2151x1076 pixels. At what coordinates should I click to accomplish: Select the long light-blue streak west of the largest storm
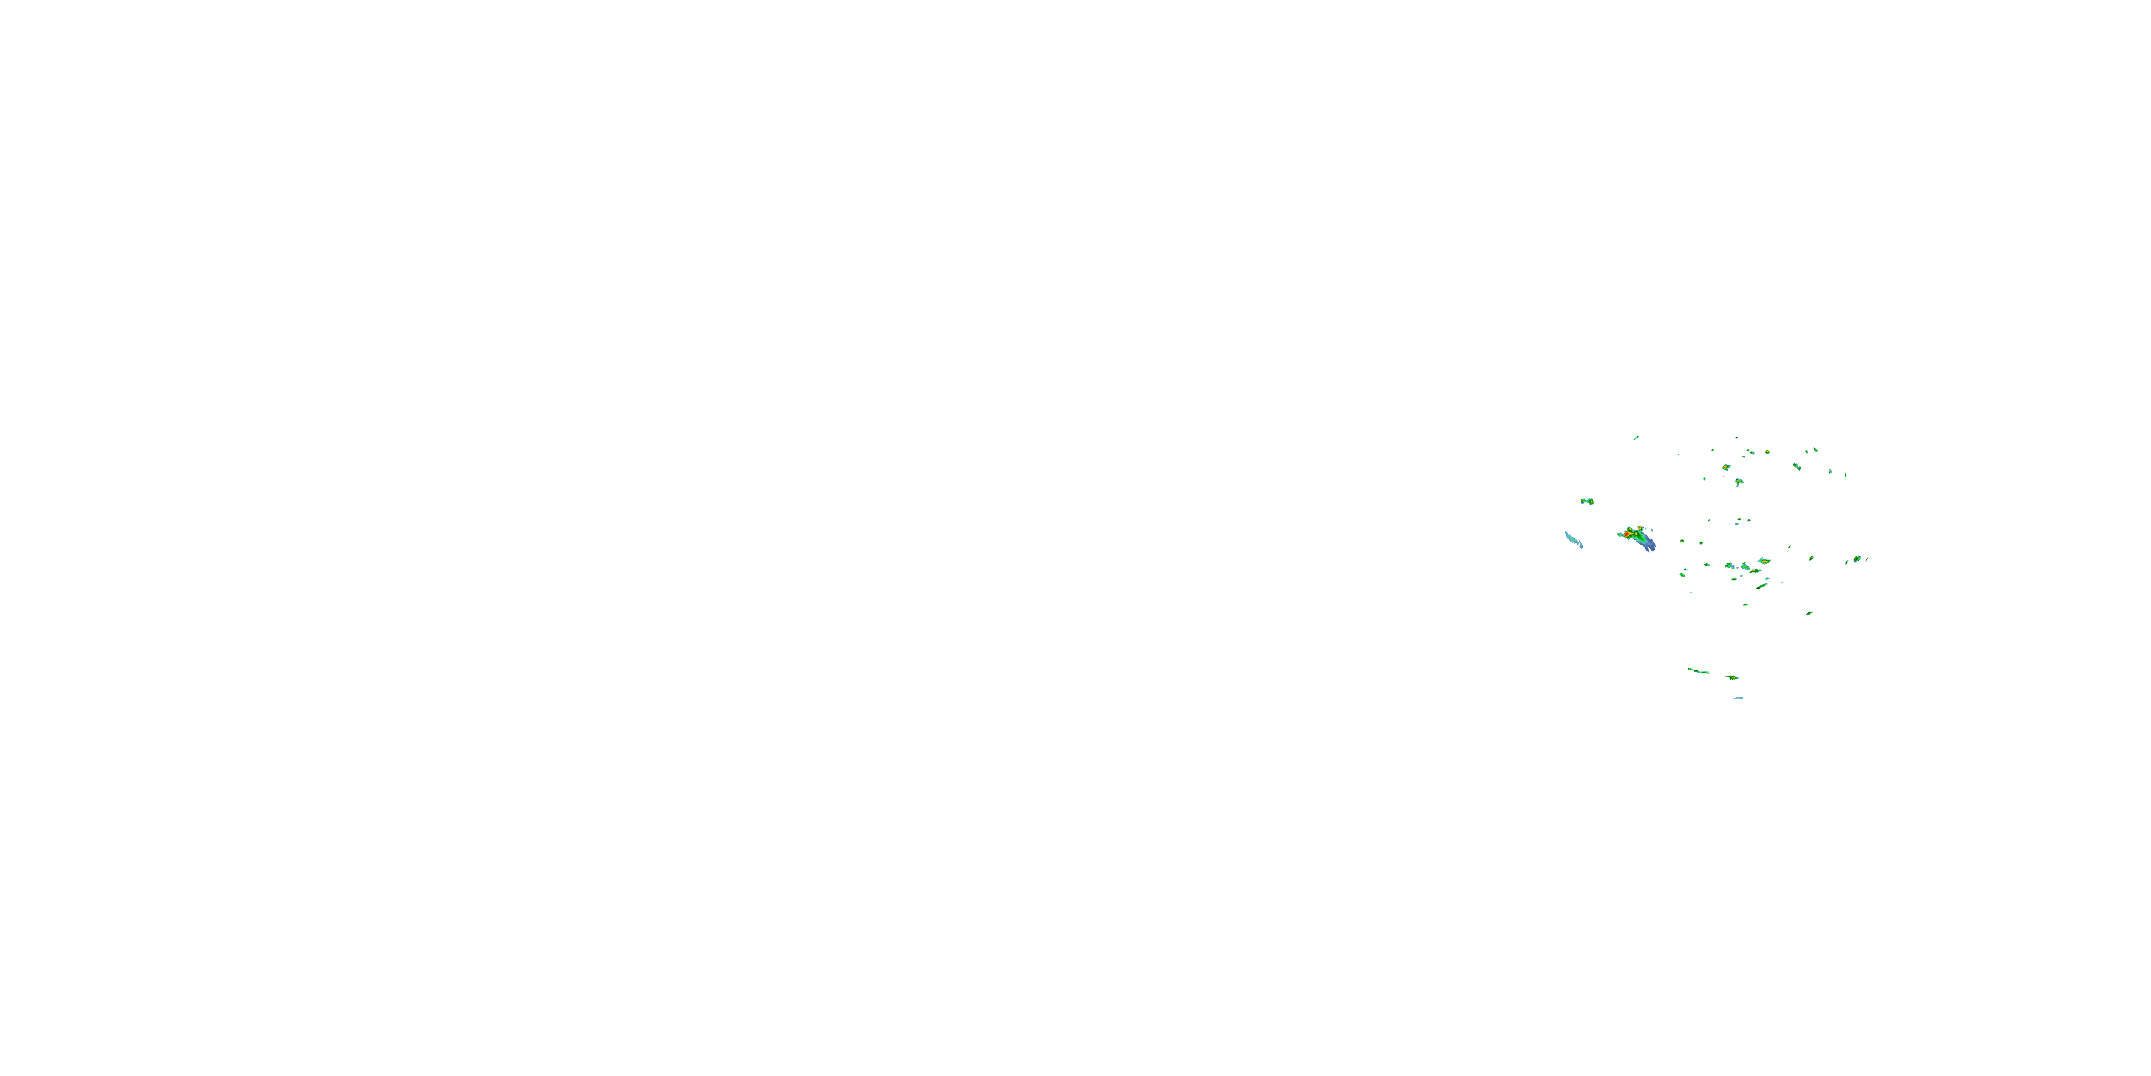(x=1573, y=539)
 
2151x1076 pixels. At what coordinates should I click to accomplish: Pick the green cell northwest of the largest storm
(x=1587, y=501)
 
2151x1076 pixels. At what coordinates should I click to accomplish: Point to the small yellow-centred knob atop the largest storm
(x=1640, y=528)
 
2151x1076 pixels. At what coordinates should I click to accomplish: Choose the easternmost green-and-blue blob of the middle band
(x=1857, y=558)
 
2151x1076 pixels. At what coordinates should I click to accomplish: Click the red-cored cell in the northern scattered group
(x=1726, y=467)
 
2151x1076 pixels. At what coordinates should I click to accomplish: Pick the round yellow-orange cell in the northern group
(x=1767, y=452)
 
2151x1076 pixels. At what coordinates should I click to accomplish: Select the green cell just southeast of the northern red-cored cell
(x=1739, y=482)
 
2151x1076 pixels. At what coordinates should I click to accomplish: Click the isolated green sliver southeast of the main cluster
(x=1810, y=613)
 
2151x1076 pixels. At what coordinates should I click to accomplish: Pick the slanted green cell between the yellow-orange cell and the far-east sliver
(x=1797, y=466)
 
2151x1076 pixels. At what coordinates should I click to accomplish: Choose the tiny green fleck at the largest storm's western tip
(x=1619, y=534)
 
